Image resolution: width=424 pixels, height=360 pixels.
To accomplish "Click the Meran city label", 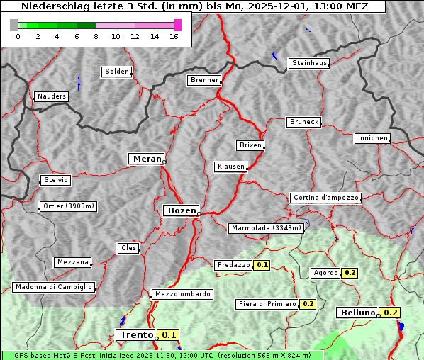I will click(x=145, y=159).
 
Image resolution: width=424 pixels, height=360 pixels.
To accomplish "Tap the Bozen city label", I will click(x=181, y=210).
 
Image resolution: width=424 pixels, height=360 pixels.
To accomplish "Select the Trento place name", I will click(x=136, y=335).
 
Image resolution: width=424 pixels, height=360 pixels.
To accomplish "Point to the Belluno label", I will click(x=357, y=313).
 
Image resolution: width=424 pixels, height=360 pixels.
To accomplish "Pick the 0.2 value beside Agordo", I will click(x=350, y=273).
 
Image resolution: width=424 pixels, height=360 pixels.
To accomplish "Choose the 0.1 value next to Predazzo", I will click(x=262, y=265).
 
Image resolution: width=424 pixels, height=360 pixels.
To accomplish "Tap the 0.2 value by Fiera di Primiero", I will click(x=308, y=304).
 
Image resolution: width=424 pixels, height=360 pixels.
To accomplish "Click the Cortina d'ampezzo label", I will click(x=325, y=198).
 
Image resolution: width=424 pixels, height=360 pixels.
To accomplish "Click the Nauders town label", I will click(x=52, y=96).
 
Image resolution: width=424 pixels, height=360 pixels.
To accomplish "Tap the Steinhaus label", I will click(x=310, y=63).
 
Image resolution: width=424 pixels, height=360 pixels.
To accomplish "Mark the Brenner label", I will click(x=205, y=80).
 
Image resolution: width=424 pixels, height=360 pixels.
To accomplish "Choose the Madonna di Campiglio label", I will click(x=53, y=287).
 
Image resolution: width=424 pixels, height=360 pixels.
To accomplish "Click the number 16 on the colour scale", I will click(x=174, y=36).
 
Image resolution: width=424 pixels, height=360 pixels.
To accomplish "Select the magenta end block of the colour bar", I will click(x=177, y=25).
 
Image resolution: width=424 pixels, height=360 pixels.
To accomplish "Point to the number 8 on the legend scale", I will click(x=96, y=36).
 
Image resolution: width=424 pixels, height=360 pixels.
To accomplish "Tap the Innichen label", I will click(x=372, y=138).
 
